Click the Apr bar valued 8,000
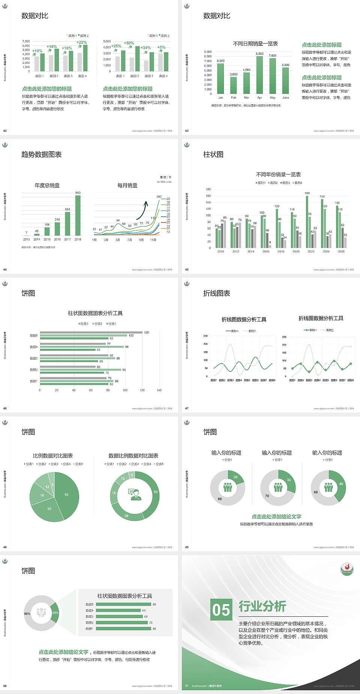click(259, 75)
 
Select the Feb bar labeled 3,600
click(234, 85)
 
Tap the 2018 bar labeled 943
click(78, 215)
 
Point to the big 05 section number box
click(221, 610)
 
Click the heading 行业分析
click(262, 606)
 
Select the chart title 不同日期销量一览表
click(255, 44)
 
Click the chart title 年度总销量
click(47, 185)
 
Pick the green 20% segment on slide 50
click(55, 613)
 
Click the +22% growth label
click(82, 42)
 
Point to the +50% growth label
click(129, 43)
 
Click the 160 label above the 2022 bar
click(307, 193)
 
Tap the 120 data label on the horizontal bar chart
click(146, 332)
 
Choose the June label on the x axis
click(286, 98)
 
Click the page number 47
click(187, 409)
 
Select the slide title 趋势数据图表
click(41, 155)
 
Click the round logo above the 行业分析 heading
click(346, 569)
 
